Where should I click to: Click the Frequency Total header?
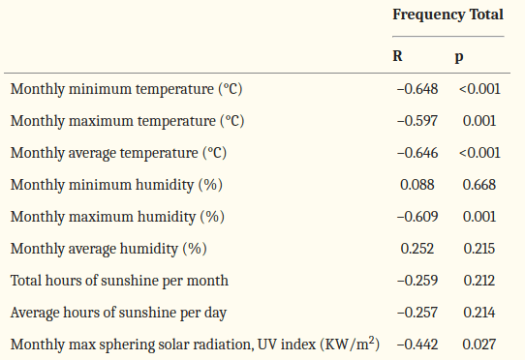tap(448, 15)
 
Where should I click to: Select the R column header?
tap(397, 55)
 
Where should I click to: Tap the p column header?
tap(459, 57)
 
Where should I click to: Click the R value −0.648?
tap(417, 89)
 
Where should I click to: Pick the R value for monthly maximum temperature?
tap(417, 121)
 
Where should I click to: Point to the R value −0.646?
tap(417, 153)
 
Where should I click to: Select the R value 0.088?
tap(417, 185)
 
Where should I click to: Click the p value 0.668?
tap(479, 185)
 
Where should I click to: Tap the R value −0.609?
tap(417, 217)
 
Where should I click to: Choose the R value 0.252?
tap(417, 249)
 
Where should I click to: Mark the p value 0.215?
tap(479, 249)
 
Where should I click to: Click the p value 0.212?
tap(479, 281)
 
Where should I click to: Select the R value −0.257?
tap(417, 313)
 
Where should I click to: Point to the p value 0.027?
tap(479, 345)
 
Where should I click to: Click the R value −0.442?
tap(417, 345)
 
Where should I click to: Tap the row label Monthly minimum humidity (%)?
tap(116, 185)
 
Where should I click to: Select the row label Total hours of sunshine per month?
tap(119, 281)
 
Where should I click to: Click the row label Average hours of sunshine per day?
tap(118, 313)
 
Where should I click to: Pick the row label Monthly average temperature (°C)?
tap(118, 153)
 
